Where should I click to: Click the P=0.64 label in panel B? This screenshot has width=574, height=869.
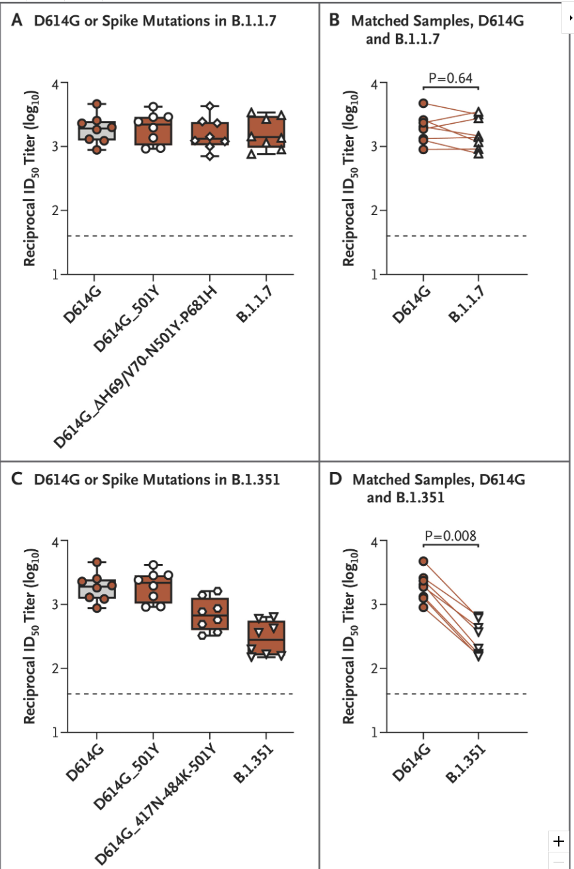click(x=450, y=78)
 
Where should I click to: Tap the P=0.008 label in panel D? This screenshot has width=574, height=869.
click(x=450, y=535)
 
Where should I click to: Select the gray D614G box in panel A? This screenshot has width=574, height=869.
click(x=97, y=131)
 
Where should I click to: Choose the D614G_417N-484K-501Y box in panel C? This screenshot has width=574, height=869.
click(x=210, y=614)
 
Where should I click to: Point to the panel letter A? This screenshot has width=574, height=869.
click(x=17, y=21)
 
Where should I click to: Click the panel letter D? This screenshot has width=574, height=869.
click(x=335, y=479)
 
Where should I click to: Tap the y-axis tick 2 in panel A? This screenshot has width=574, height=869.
click(x=56, y=210)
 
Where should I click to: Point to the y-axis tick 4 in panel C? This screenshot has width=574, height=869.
click(x=56, y=541)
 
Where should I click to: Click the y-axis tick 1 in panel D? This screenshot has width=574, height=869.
click(x=375, y=732)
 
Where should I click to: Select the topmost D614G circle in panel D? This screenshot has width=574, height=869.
click(x=424, y=561)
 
